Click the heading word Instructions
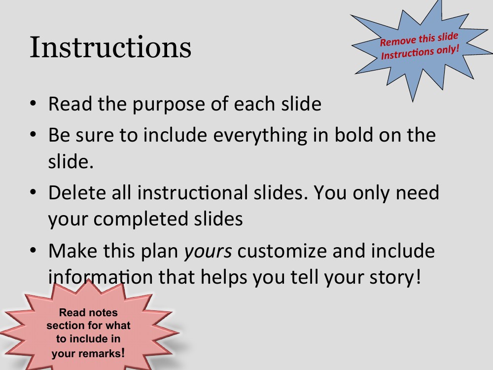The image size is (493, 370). [110, 47]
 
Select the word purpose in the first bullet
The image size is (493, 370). [169, 105]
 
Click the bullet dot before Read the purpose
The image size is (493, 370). [34, 103]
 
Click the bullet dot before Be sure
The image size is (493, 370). [34, 134]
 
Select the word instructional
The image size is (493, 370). [192, 192]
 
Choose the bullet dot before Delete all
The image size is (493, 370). [34, 191]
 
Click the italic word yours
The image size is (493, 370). [208, 252]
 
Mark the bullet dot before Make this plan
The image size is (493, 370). [34, 250]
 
